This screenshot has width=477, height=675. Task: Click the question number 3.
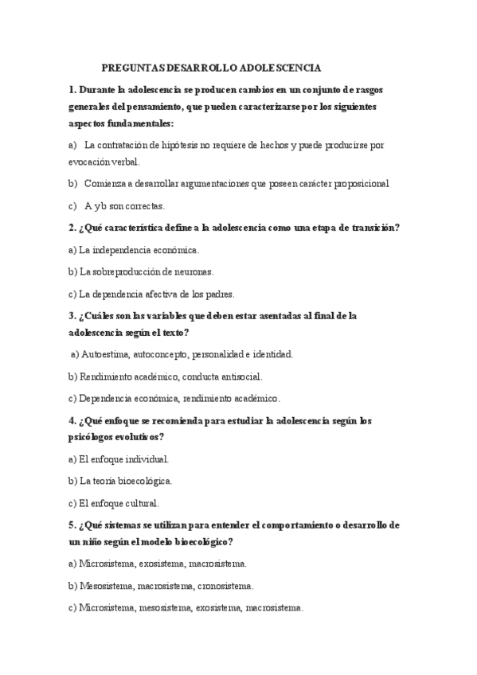72,316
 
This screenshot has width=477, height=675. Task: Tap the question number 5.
72,525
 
